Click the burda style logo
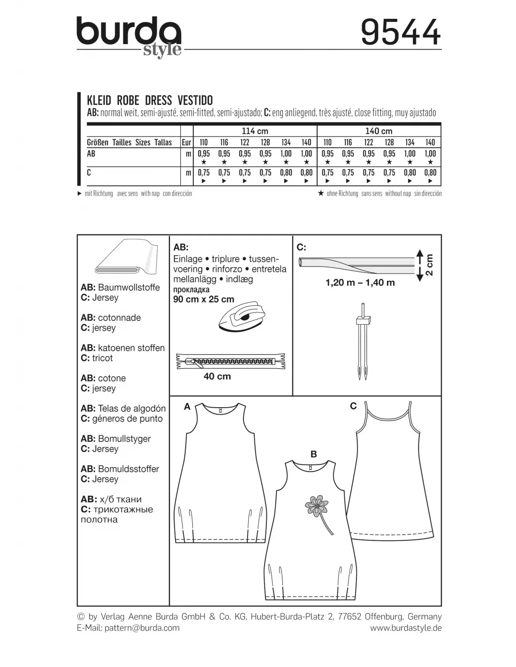(x=129, y=36)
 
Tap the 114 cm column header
(x=255, y=131)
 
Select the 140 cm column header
(x=379, y=131)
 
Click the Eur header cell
(x=187, y=142)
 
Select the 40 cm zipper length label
(x=217, y=376)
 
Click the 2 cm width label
(x=429, y=265)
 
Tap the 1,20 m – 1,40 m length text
(x=360, y=282)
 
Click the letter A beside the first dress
(x=187, y=407)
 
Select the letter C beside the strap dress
(x=353, y=406)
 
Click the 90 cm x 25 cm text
(x=204, y=299)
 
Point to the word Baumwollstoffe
(x=129, y=287)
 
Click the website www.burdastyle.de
(x=405, y=628)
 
